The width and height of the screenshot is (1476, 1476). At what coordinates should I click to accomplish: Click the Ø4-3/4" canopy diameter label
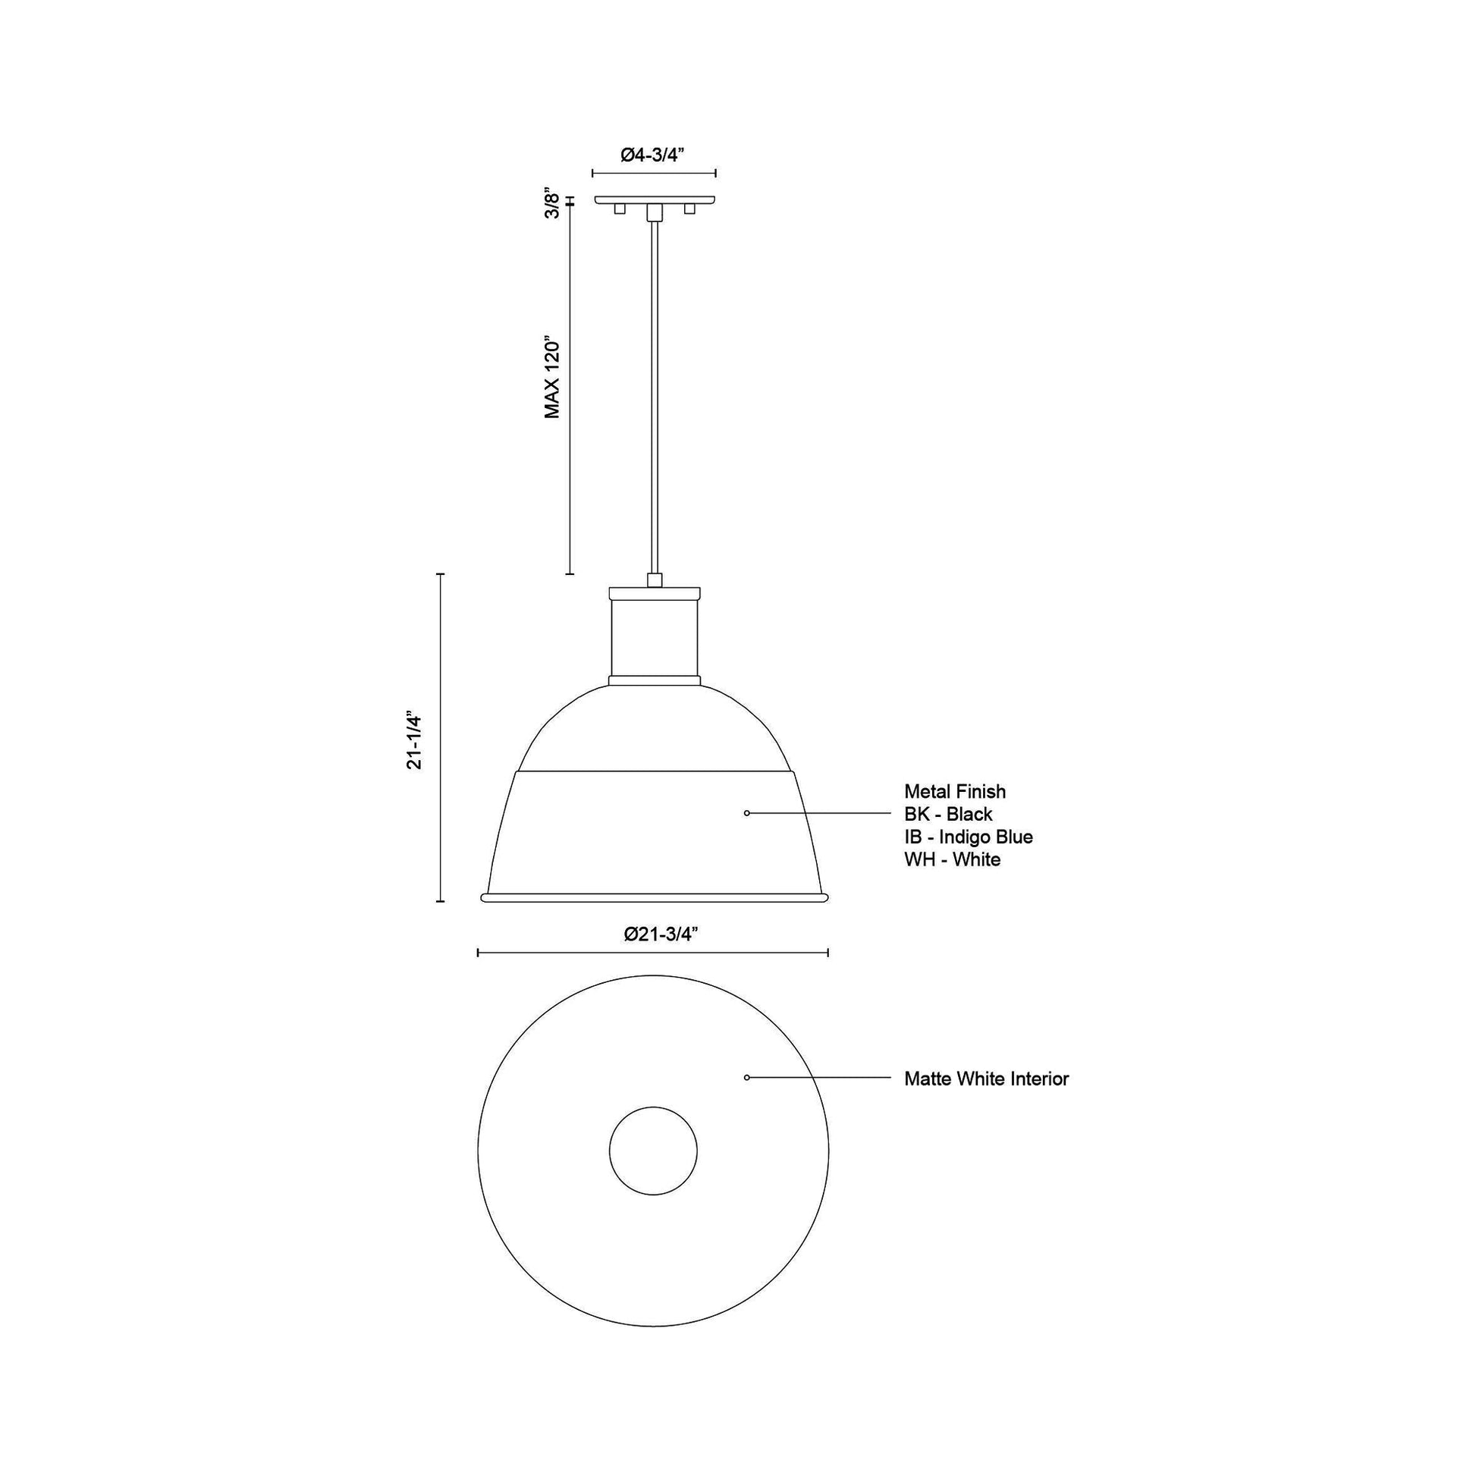pyautogui.click(x=652, y=155)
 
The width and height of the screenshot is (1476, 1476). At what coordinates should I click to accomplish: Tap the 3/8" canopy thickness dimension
pyautogui.click(x=553, y=205)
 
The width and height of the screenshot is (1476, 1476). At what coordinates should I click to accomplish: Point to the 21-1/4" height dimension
pyautogui.click(x=414, y=740)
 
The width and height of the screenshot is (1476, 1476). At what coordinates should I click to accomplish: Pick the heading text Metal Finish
pyautogui.click(x=955, y=792)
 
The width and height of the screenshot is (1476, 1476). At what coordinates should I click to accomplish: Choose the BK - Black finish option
pyautogui.click(x=948, y=815)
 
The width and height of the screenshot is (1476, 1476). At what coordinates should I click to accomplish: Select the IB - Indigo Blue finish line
pyautogui.click(x=968, y=837)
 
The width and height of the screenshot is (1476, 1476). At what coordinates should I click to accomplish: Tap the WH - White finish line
pyautogui.click(x=952, y=860)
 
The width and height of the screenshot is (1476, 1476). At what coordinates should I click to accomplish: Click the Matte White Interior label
pyautogui.click(x=986, y=1079)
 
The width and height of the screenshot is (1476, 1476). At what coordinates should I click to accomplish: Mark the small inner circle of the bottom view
pyautogui.click(x=653, y=1151)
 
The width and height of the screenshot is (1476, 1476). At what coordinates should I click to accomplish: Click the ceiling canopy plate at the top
pyautogui.click(x=655, y=200)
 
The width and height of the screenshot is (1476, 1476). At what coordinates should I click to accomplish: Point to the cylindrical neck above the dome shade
pyautogui.click(x=655, y=637)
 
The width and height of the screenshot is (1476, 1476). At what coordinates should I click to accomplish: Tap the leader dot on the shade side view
pyautogui.click(x=746, y=814)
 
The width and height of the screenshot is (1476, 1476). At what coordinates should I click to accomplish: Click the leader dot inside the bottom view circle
pyautogui.click(x=746, y=1077)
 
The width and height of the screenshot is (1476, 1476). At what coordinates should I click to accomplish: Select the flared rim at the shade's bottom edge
pyautogui.click(x=655, y=897)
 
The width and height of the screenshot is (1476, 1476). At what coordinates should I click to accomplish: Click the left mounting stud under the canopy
pyautogui.click(x=620, y=209)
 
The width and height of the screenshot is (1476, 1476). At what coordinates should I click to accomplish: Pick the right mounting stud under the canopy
pyautogui.click(x=690, y=209)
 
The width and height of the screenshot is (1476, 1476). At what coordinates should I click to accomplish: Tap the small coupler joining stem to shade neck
pyautogui.click(x=654, y=579)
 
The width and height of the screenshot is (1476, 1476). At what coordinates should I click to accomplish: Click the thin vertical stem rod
pyautogui.click(x=654, y=397)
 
